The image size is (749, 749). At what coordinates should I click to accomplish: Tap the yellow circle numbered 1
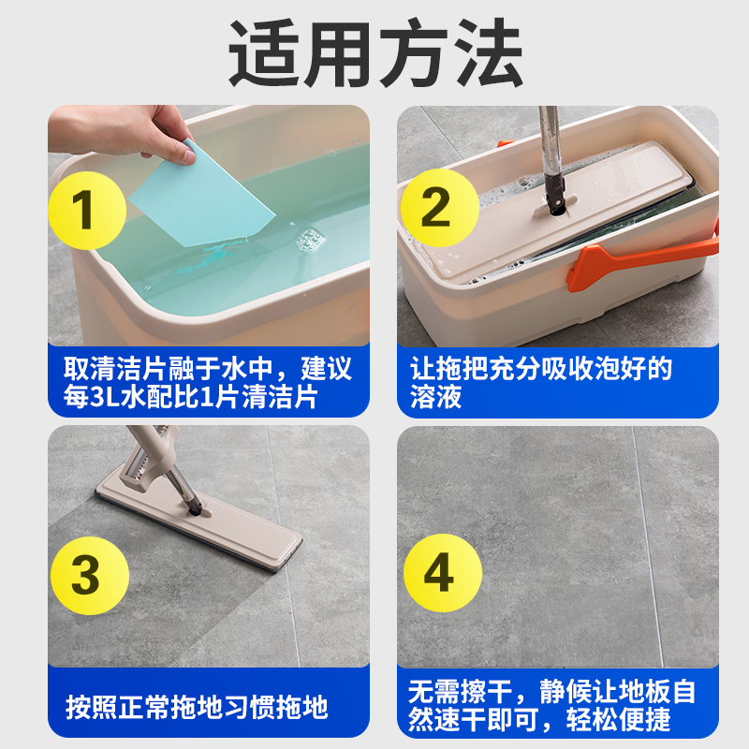point(85,210)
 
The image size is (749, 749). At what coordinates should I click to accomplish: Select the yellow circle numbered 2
point(435,210)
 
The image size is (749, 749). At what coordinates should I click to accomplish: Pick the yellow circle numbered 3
point(85,575)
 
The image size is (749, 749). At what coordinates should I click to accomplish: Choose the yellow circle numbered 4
point(435,575)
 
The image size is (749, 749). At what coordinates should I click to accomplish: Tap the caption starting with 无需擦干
point(552,707)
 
